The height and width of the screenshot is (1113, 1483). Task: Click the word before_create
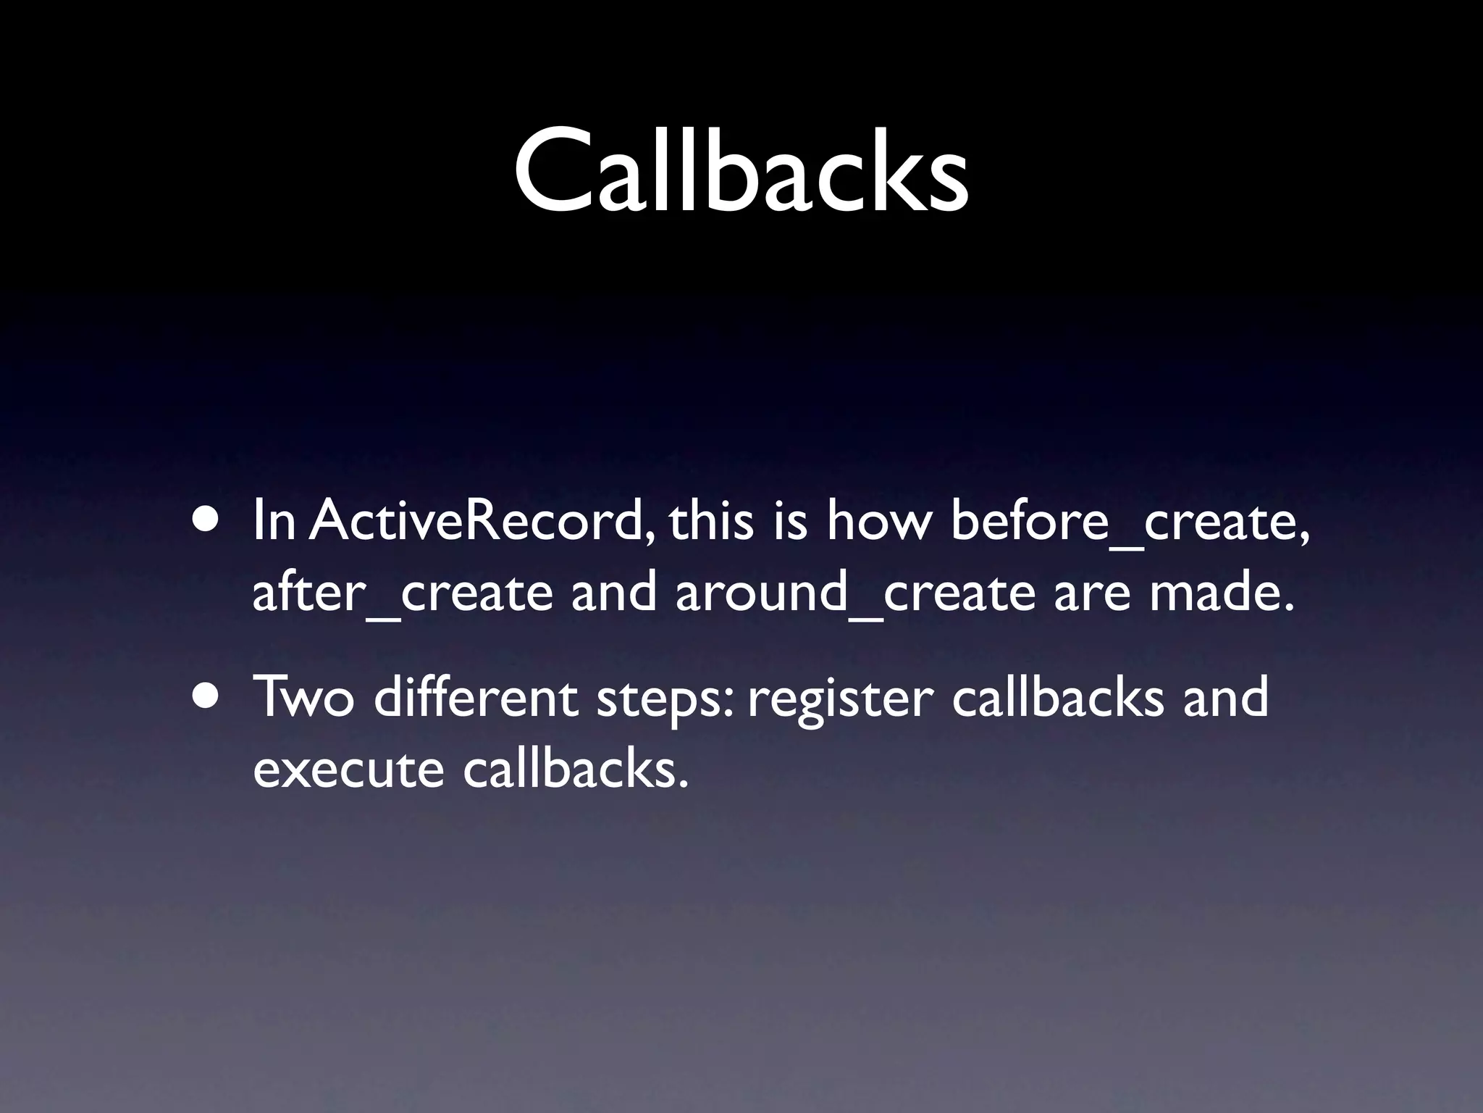click(1130, 522)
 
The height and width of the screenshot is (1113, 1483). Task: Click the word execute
click(348, 770)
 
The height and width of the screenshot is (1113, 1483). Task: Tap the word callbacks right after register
click(1058, 696)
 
